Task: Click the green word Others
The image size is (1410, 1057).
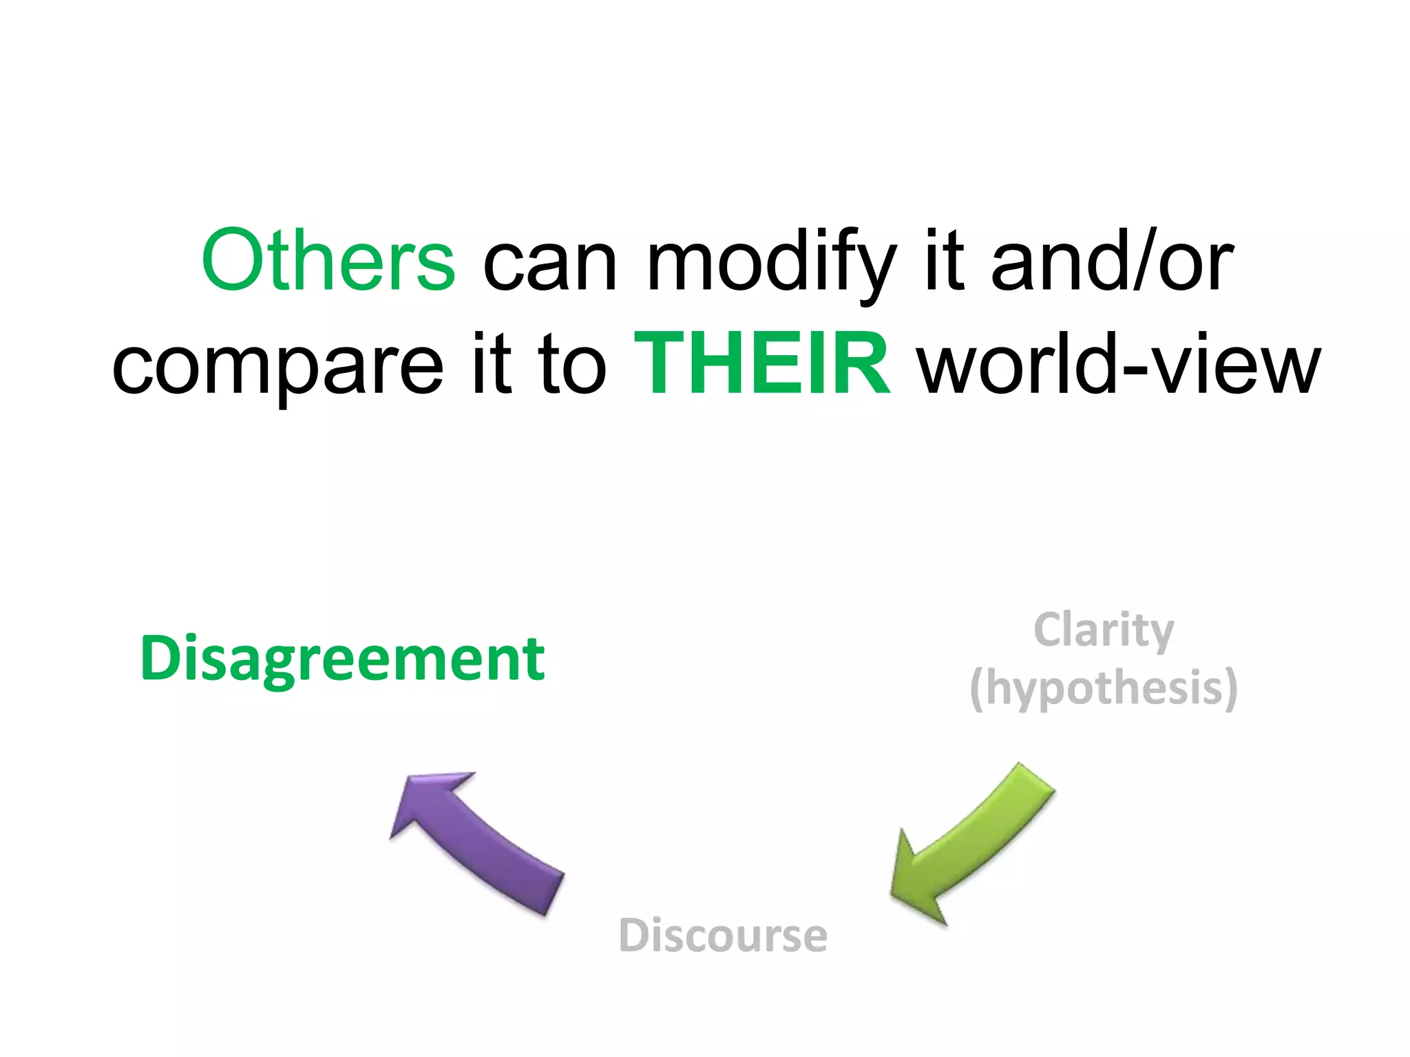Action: point(328,260)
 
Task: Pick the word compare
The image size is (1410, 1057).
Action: point(277,366)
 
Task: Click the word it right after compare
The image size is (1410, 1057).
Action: point(492,363)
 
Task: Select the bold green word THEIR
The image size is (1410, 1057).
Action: point(762,363)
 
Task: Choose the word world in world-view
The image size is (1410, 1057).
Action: point(1018,363)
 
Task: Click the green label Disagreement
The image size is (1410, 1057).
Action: point(342,659)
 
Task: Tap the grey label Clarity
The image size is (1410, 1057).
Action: point(1104,630)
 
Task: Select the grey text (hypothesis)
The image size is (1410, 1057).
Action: point(1104,687)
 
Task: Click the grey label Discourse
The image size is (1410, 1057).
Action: point(723,935)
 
